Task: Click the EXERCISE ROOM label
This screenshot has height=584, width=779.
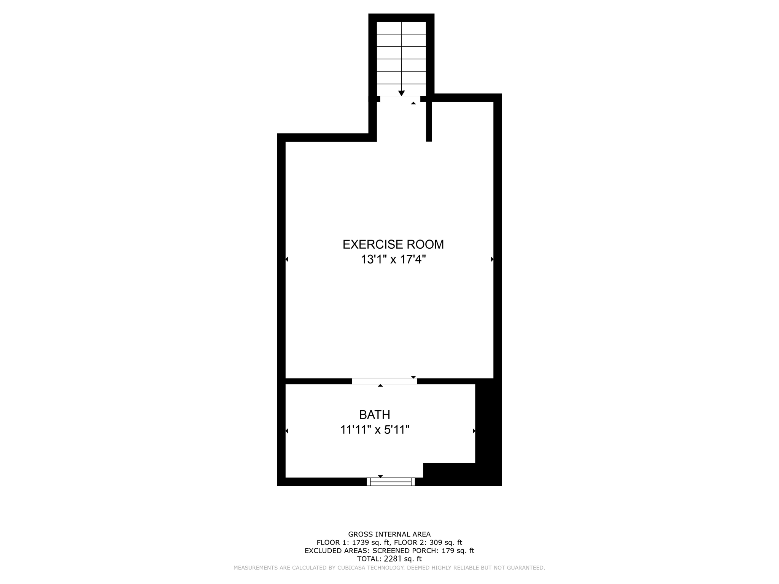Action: [393, 244]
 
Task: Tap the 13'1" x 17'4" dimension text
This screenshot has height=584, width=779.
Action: [393, 260]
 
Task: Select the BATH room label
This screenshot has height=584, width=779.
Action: [375, 414]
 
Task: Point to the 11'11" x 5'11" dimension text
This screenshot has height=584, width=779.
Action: [375, 430]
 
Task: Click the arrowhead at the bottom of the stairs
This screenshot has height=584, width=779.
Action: [401, 93]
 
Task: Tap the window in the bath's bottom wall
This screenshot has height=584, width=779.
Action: [391, 482]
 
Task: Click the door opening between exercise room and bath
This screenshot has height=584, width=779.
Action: [384, 381]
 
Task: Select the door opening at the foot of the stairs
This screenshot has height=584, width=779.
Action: [400, 99]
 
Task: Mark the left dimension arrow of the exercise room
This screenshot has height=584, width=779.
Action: [287, 259]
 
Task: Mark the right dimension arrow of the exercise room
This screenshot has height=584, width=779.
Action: [492, 259]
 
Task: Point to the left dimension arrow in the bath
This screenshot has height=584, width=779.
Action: [287, 431]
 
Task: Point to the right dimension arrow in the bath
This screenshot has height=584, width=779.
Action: [474, 431]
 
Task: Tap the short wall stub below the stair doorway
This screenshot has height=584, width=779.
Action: [429, 122]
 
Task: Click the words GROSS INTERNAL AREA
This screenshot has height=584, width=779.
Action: [389, 534]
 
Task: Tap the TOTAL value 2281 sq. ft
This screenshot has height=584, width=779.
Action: [403, 559]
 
